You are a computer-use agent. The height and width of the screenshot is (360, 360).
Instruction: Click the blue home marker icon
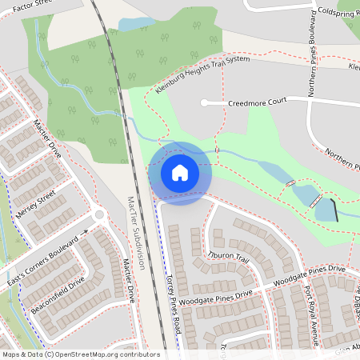click(x=180, y=172)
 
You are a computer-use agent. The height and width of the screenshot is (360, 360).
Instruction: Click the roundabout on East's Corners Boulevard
click(x=99, y=214)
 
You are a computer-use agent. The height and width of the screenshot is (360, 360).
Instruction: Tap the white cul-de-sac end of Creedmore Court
click(x=205, y=102)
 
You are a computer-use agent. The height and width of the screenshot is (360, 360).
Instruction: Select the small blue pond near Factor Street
click(x=136, y=24)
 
